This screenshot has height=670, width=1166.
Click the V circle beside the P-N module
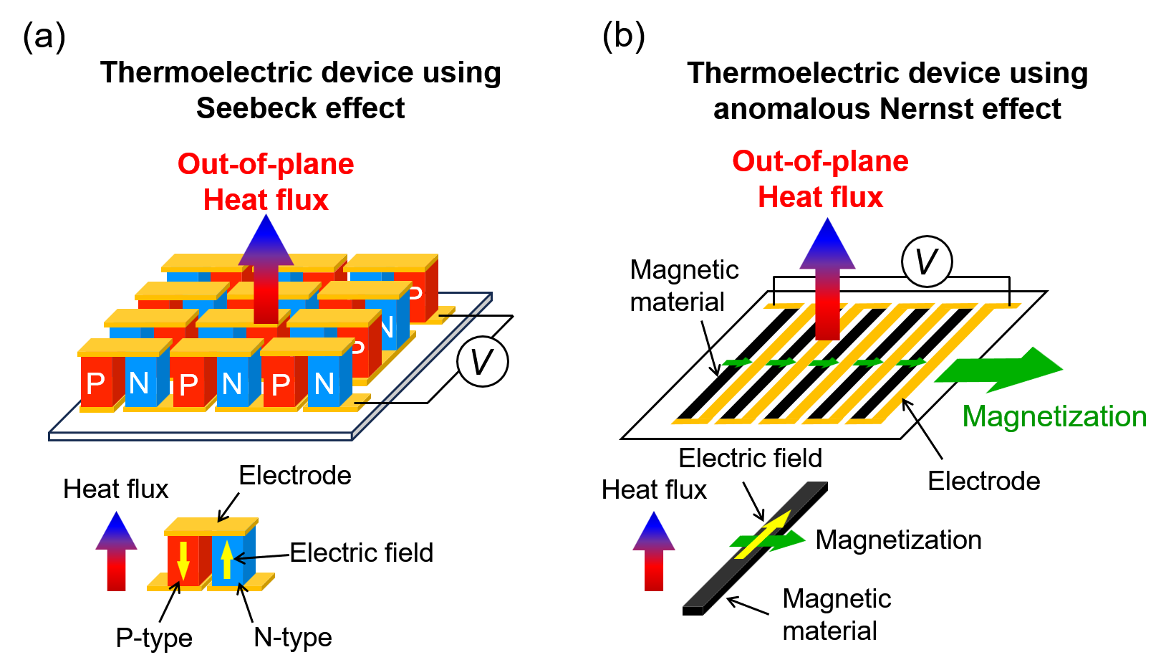[482, 361]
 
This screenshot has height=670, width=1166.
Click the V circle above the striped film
[927, 262]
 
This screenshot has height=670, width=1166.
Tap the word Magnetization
[1054, 416]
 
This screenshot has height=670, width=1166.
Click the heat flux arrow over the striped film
[827, 279]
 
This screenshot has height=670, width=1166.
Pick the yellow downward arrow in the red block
[183, 560]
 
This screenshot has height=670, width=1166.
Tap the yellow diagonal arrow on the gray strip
[763, 535]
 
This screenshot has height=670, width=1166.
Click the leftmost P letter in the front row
[95, 384]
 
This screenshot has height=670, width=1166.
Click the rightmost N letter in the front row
[324, 384]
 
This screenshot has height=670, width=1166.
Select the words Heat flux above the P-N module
[266, 200]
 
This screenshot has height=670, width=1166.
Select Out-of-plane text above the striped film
[820, 161]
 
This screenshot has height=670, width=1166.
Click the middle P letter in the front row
[188, 385]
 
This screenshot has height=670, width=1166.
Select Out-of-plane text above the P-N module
[266, 164]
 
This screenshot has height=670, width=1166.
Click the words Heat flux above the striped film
[820, 197]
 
